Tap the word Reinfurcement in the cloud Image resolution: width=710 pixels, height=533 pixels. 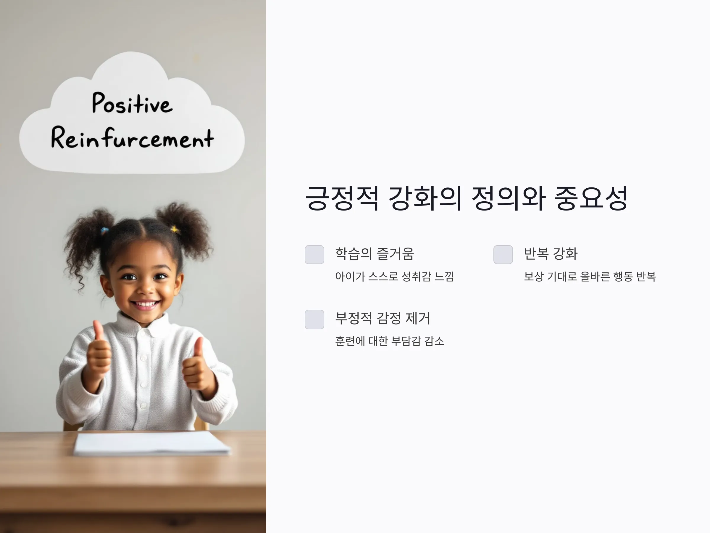click(132, 138)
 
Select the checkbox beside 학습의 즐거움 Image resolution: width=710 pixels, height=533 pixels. click(314, 254)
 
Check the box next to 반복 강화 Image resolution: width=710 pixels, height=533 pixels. click(503, 254)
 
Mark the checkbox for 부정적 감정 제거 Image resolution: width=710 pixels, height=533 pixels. click(314, 319)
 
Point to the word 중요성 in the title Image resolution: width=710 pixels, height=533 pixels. click(591, 198)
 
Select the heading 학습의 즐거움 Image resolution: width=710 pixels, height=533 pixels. click(375, 253)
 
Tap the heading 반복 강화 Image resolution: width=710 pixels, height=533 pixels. click(551, 253)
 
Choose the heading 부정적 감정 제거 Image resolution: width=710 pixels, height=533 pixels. click(382, 318)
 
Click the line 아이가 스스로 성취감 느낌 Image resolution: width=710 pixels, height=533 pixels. click(394, 276)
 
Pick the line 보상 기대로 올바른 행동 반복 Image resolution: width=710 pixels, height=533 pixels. click(590, 276)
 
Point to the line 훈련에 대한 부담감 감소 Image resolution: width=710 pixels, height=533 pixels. click(389, 341)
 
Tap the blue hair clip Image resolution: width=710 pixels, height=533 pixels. click(105, 230)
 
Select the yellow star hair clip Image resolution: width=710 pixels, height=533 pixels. click(175, 229)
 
